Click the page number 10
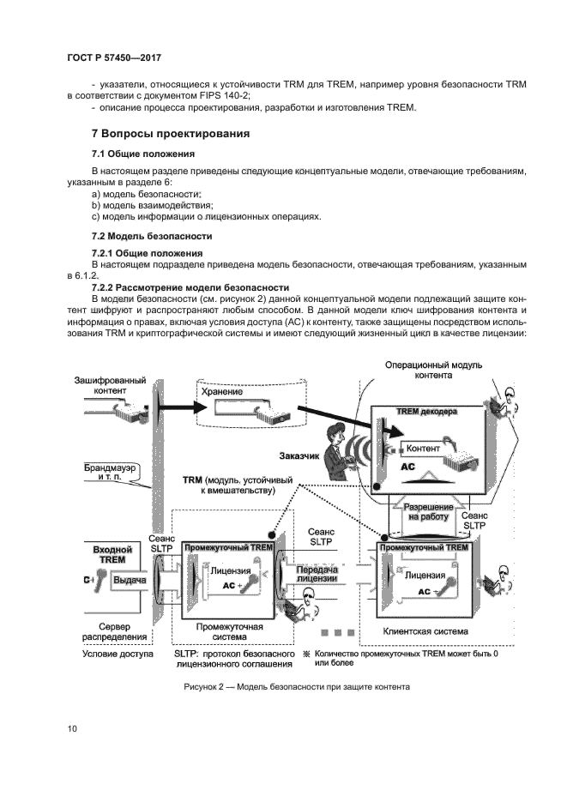pos(73,729)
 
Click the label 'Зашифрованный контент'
pos(109,385)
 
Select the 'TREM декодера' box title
pos(426,412)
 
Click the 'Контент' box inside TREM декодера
pos(423,448)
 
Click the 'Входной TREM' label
pos(112,554)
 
